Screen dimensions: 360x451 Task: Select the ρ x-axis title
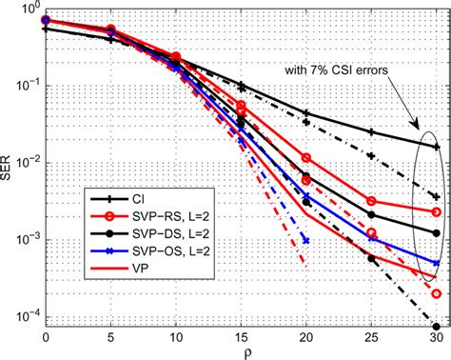pyautogui.click(x=241, y=351)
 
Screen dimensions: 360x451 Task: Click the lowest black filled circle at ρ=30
pyautogui.click(x=436, y=325)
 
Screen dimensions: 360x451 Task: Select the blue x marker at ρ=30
pyautogui.click(x=436, y=263)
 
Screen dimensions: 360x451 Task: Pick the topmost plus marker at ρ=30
pyautogui.click(x=436, y=147)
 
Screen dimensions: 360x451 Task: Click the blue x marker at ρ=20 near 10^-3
pyautogui.click(x=305, y=239)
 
